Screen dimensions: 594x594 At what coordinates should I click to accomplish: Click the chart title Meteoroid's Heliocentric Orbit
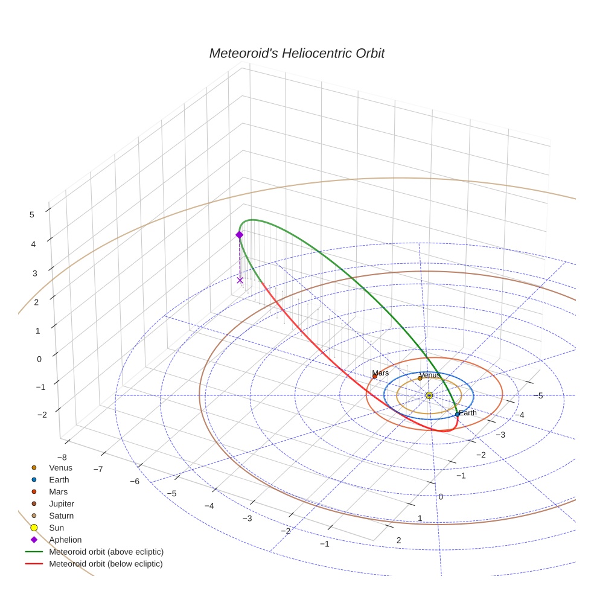point(296,53)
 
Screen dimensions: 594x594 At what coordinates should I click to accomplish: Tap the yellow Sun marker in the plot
point(429,395)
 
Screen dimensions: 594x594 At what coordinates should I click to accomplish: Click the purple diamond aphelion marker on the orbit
point(240,235)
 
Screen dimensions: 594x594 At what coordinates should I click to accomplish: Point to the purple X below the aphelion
point(240,279)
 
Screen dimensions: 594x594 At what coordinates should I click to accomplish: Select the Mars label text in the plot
point(380,373)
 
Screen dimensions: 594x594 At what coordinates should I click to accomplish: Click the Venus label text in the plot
point(430,375)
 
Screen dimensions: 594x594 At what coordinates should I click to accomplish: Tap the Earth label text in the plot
point(467,413)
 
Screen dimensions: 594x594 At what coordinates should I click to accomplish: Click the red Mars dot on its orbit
point(375,377)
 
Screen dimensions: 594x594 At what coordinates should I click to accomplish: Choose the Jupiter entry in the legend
point(62,503)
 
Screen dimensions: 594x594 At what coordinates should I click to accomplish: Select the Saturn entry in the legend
point(61,516)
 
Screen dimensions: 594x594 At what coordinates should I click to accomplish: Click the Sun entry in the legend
point(56,528)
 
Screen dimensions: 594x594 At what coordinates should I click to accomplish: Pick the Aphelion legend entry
point(65,540)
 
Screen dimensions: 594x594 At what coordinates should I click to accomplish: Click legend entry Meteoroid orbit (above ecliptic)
point(106,552)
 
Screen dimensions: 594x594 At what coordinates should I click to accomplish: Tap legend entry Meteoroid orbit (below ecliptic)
point(106,564)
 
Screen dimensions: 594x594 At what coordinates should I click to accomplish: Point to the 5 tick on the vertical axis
point(31,214)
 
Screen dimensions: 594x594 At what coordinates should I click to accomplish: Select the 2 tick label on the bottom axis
point(398,540)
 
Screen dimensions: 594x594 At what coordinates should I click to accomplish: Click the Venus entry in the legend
point(60,467)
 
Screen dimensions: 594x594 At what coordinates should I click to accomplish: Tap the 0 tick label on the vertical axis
point(40,359)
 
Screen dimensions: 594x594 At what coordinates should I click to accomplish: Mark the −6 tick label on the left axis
point(134,481)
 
